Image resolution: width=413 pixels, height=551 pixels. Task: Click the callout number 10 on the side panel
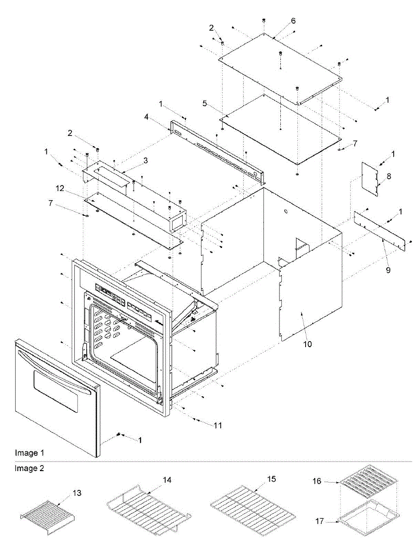click(x=307, y=344)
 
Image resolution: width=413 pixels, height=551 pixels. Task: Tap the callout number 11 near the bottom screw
click(x=218, y=426)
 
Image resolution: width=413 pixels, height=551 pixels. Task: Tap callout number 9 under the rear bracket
click(x=388, y=270)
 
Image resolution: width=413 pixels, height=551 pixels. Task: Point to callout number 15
click(x=272, y=479)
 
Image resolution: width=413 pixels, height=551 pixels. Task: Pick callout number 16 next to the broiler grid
click(x=317, y=482)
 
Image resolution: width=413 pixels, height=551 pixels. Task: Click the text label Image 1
click(x=30, y=453)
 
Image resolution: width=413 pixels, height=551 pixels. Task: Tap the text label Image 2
click(x=30, y=468)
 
